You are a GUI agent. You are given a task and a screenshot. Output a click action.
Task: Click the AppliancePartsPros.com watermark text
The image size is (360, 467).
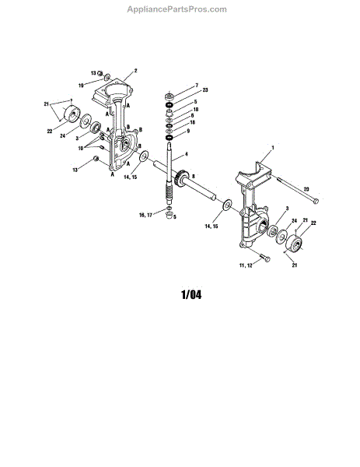tap(177, 9)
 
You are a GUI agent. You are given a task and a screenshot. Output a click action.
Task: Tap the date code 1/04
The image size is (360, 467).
tap(191, 295)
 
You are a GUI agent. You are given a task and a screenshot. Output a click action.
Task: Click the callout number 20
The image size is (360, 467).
tap(306, 189)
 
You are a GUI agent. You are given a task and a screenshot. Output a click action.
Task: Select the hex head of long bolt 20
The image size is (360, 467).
tap(316, 202)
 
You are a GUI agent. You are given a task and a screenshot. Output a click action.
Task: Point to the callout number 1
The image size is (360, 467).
tap(273, 147)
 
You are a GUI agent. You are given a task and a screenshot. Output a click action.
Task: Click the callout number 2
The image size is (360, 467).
tap(135, 71)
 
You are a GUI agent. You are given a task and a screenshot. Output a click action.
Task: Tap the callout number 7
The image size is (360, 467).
tap(197, 86)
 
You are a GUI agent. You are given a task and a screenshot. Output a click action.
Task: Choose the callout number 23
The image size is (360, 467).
tap(205, 90)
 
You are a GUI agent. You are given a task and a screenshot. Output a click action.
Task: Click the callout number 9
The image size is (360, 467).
tap(188, 131)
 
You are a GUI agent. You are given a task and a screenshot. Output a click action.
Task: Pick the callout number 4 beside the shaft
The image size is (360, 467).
tap(187, 154)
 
